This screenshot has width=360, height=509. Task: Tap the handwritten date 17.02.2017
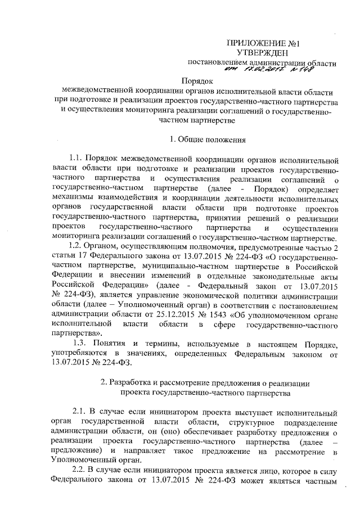click(x=259, y=72)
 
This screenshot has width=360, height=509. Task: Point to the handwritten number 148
click(x=302, y=71)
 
